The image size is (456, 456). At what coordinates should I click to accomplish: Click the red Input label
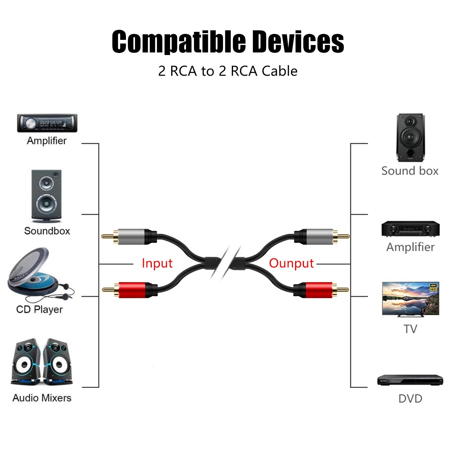click(x=157, y=263)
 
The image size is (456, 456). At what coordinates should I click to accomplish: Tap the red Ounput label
click(x=291, y=263)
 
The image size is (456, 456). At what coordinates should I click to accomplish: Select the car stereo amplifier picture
click(x=47, y=123)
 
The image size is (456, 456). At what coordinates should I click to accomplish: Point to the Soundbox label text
click(x=47, y=231)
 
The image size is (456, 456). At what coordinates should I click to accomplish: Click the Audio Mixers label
click(x=42, y=398)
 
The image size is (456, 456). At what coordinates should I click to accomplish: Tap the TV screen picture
click(x=410, y=298)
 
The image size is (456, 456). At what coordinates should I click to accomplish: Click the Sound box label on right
click(x=410, y=171)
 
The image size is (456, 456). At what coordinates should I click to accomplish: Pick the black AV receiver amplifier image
click(x=410, y=229)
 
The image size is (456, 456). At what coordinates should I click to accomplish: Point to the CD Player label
click(x=39, y=309)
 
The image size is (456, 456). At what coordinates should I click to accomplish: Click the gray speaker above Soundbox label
click(x=46, y=196)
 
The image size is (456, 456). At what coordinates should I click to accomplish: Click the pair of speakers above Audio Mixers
click(x=42, y=362)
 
